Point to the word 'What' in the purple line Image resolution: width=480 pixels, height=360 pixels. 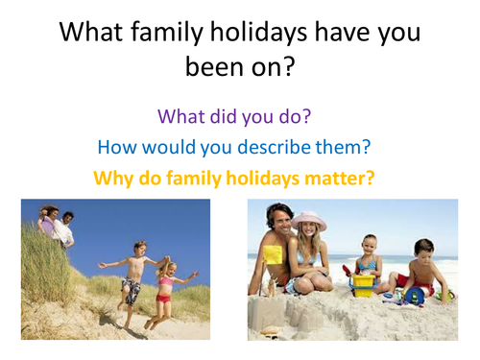click(182, 118)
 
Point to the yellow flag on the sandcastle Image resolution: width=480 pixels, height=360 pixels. click(272, 255)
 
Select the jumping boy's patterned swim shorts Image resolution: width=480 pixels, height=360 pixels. click(132, 289)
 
